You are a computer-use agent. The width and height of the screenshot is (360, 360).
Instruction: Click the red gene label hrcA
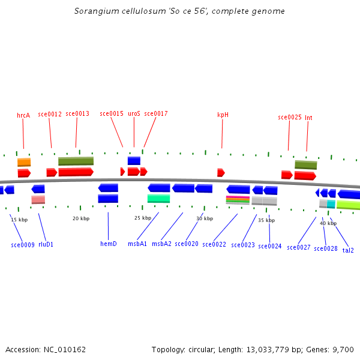point(23,115)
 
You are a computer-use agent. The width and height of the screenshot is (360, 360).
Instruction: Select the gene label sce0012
point(50,114)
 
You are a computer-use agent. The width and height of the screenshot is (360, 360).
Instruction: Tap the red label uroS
point(134,113)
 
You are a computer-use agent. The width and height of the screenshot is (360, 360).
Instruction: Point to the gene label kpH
point(223,115)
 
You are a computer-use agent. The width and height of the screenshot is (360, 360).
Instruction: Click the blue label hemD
point(109,244)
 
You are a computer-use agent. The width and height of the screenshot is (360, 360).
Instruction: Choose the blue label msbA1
point(137,244)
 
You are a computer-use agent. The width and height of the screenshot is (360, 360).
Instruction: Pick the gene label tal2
point(348,250)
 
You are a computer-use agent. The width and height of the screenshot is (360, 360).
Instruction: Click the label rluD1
point(46,245)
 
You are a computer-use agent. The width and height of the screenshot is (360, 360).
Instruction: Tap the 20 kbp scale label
point(81,219)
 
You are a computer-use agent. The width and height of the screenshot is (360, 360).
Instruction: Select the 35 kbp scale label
point(266,221)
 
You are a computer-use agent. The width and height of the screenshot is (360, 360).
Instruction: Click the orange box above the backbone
point(24,162)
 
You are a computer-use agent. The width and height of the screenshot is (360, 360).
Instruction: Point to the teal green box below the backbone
point(158,199)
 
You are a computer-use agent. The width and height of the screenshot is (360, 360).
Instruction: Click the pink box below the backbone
point(38,200)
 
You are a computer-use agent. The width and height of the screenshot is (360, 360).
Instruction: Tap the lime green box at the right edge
point(349,205)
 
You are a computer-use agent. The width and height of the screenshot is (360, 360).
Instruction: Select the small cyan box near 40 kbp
point(331,204)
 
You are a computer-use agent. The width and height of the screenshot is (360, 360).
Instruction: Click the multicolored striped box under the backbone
point(238,200)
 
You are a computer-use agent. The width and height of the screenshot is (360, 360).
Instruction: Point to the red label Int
point(308,118)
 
